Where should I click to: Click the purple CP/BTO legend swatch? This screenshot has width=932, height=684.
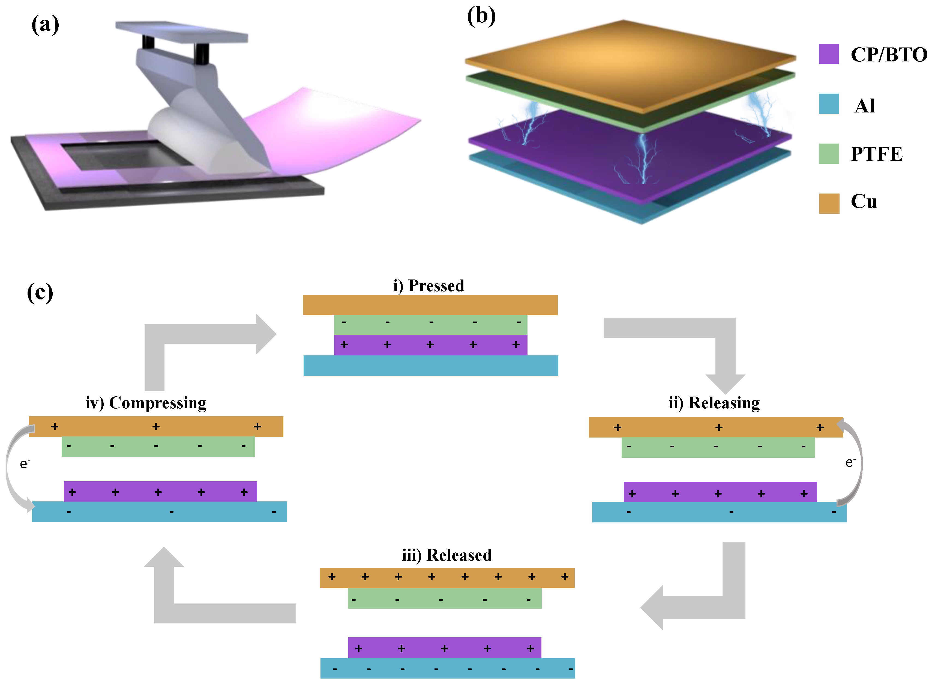coord(829,54)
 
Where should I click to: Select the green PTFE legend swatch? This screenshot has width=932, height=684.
coord(829,154)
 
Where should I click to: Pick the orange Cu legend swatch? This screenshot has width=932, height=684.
coord(829,203)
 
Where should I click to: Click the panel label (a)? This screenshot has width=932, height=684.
coord(45,25)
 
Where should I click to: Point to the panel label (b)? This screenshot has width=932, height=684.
coord(481,17)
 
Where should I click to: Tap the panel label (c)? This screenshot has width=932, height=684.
coord(40,293)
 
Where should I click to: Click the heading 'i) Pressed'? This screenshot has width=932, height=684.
coord(428,286)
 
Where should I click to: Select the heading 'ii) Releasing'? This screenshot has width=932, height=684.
coord(714,403)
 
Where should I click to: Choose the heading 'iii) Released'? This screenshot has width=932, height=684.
coord(447,555)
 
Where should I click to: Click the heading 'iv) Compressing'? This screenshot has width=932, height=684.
coord(146,403)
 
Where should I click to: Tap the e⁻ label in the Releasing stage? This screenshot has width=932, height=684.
coord(850,462)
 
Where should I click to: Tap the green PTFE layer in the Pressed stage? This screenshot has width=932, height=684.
coord(430,325)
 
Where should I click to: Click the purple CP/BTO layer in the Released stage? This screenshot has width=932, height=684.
coord(444,648)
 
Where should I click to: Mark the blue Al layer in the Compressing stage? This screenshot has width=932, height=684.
coord(159,512)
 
